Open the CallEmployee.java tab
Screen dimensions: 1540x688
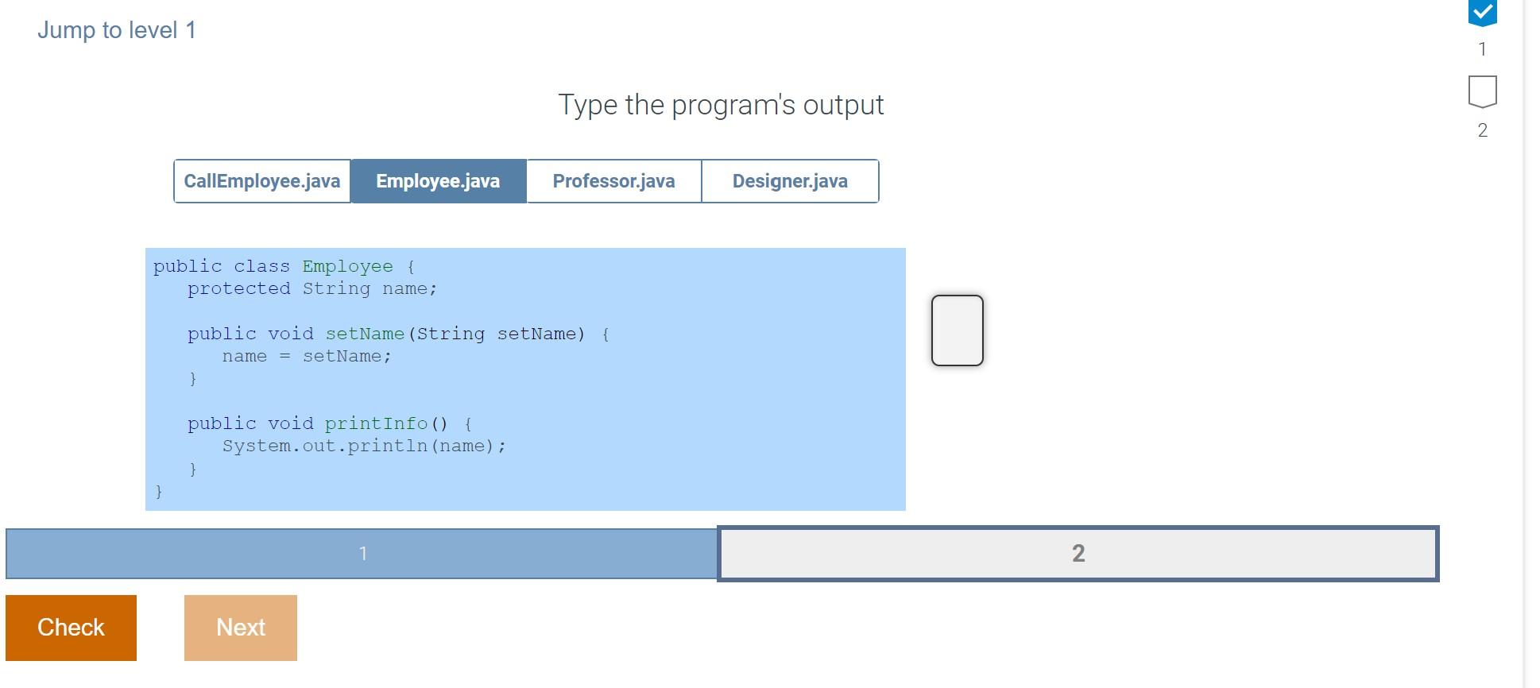[262, 181]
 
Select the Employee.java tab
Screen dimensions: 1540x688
[438, 181]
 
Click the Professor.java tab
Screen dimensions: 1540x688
[613, 181]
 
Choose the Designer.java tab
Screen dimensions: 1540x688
[790, 181]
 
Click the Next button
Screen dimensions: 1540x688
[240, 628]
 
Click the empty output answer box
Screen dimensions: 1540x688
[957, 330]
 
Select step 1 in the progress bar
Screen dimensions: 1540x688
[362, 554]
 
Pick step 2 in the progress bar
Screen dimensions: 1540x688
[1078, 554]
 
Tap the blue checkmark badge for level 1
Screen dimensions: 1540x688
[1482, 14]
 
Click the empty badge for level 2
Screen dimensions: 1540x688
[1482, 91]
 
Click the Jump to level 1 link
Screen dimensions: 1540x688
[117, 30]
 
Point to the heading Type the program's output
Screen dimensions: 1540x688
[721, 105]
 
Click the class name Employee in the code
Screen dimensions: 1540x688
[347, 267]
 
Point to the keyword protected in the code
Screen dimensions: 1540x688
[238, 289]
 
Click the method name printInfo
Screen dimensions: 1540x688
[376, 424]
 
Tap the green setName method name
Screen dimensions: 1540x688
[365, 334]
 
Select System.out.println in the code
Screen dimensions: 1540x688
[324, 446]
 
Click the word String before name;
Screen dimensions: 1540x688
[336, 289]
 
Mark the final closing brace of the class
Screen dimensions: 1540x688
[159, 492]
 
